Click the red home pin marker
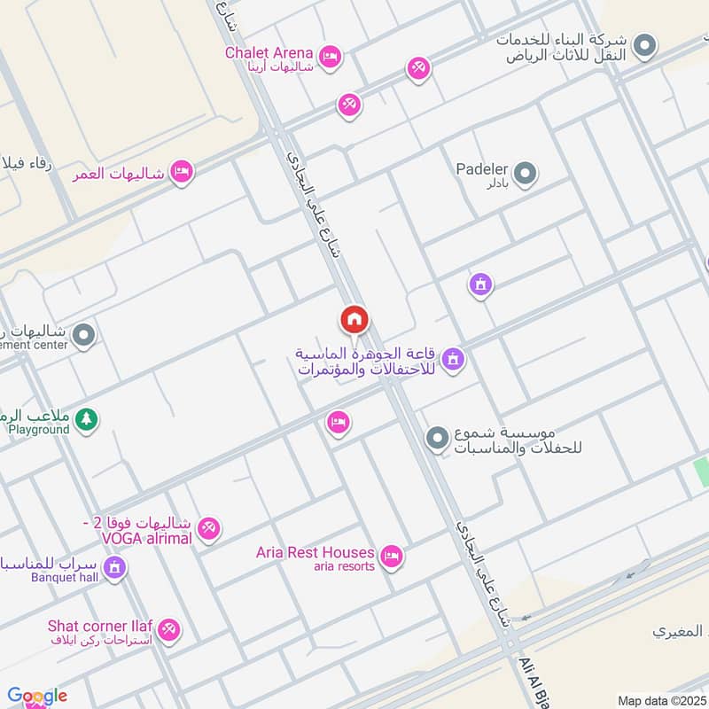(x=354, y=320)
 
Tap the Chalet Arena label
(x=269, y=52)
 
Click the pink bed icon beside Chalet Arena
(x=330, y=57)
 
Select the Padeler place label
(x=480, y=168)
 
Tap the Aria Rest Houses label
(x=315, y=552)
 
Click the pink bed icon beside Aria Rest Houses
(x=391, y=557)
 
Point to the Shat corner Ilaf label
(x=99, y=626)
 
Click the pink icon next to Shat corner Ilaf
(x=169, y=631)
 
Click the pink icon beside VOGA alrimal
(x=209, y=528)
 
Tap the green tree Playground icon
(x=85, y=420)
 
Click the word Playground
(x=39, y=430)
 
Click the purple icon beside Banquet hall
(x=114, y=568)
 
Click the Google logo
(x=37, y=695)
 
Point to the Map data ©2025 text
(x=661, y=701)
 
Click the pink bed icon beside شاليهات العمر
(x=182, y=172)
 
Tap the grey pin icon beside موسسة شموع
(x=436, y=438)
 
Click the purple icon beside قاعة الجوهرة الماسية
(x=453, y=359)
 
